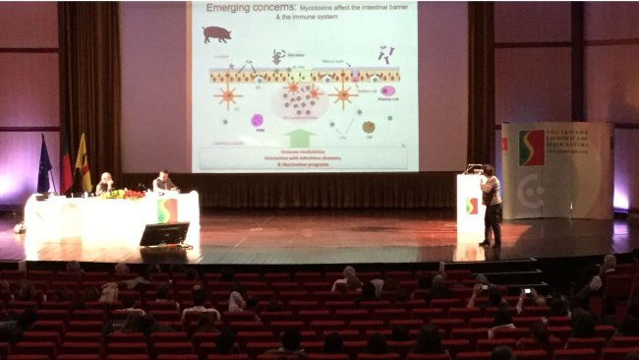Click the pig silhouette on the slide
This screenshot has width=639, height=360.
coord(216,33)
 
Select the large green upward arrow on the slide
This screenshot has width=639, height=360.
coord(300,136)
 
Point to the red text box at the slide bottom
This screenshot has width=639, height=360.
coord(304,157)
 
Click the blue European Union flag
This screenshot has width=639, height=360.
coord(44,170)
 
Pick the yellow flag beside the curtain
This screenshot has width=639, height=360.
coord(83,164)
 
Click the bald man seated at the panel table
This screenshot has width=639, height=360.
coord(103,183)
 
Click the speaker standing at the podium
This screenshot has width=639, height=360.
coord(490,205)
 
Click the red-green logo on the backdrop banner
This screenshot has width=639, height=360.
coord(531,148)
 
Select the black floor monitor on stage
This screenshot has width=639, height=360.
coord(164,234)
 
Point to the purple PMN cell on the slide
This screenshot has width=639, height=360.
coord(257,121)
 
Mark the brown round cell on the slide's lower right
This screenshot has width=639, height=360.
coord(368,127)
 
